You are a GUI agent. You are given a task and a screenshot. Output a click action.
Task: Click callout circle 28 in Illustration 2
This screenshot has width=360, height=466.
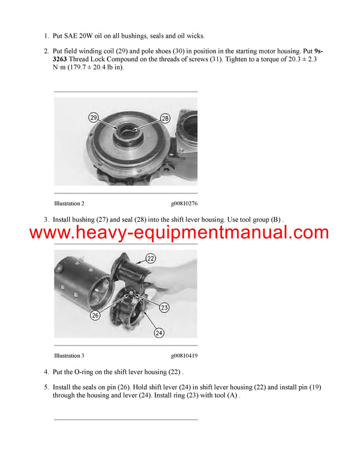tap(166, 118)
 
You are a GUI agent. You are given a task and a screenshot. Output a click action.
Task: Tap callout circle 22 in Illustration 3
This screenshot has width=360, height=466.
tap(151, 258)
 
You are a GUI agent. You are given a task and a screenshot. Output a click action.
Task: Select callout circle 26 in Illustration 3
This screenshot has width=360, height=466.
tap(95, 314)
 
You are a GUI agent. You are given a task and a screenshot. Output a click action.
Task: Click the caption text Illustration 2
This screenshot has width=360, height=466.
tap(73, 204)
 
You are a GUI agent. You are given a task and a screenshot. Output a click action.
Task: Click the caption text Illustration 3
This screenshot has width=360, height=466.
tap(73, 356)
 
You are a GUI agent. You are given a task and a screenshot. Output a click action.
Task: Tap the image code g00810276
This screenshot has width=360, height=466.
tap(184, 204)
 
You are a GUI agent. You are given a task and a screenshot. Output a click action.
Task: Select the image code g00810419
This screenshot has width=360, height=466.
tap(184, 356)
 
